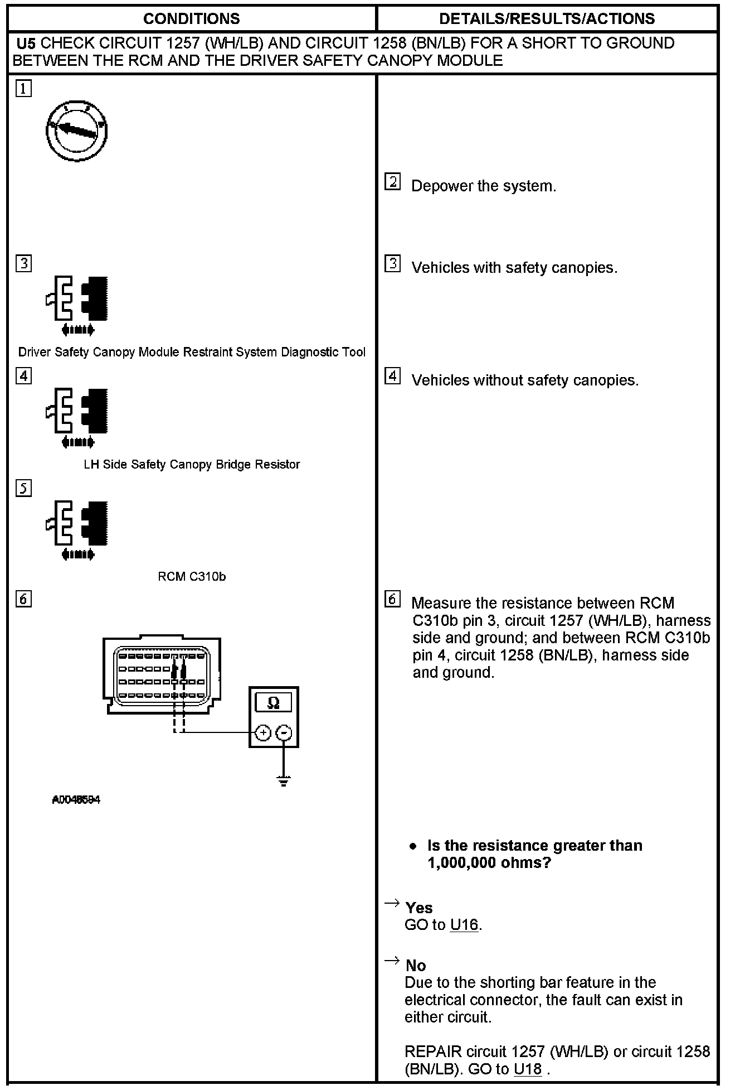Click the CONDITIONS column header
(x=191, y=19)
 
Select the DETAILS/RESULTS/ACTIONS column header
(x=547, y=19)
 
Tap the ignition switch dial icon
(x=76, y=132)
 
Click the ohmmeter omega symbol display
(x=273, y=702)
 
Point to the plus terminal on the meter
(x=263, y=732)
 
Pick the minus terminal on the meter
(x=284, y=732)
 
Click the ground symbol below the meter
(x=284, y=780)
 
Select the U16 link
(x=464, y=925)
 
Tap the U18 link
(x=527, y=1069)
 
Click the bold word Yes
(x=419, y=908)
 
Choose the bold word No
(x=416, y=966)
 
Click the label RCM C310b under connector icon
(x=192, y=577)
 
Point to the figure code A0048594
(x=76, y=800)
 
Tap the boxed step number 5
(x=23, y=488)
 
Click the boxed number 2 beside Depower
(x=392, y=182)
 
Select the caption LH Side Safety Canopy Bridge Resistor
(x=192, y=465)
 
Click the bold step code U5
(x=26, y=44)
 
